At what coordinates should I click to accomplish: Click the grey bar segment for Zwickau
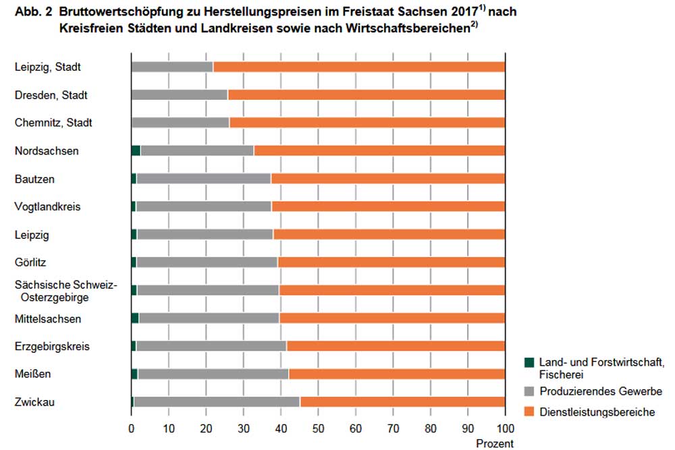pyautogui.click(x=217, y=402)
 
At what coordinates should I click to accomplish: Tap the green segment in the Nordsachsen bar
pyautogui.click(x=136, y=150)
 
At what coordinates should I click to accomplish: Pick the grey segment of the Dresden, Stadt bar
pyautogui.click(x=180, y=95)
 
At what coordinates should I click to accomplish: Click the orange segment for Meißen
pyautogui.click(x=397, y=374)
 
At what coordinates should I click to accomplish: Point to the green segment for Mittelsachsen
pyautogui.click(x=135, y=318)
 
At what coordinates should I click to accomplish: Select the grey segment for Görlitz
pyautogui.click(x=207, y=262)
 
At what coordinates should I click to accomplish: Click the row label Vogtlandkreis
pyautogui.click(x=47, y=206)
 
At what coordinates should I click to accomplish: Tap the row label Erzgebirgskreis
pyautogui.click(x=52, y=346)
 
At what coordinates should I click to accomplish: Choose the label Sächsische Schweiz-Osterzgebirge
pyautogui.click(x=65, y=291)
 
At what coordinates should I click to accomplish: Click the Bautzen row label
pyautogui.click(x=34, y=179)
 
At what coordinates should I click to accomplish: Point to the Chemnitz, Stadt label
pyautogui.click(x=53, y=123)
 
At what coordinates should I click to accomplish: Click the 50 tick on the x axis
pyautogui.click(x=318, y=428)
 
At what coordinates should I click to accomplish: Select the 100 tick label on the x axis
pyautogui.click(x=505, y=428)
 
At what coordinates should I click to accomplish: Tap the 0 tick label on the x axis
pyautogui.click(x=131, y=428)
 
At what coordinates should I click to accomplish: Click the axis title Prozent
pyautogui.click(x=495, y=443)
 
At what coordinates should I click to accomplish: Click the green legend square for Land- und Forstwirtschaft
pyautogui.click(x=529, y=362)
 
